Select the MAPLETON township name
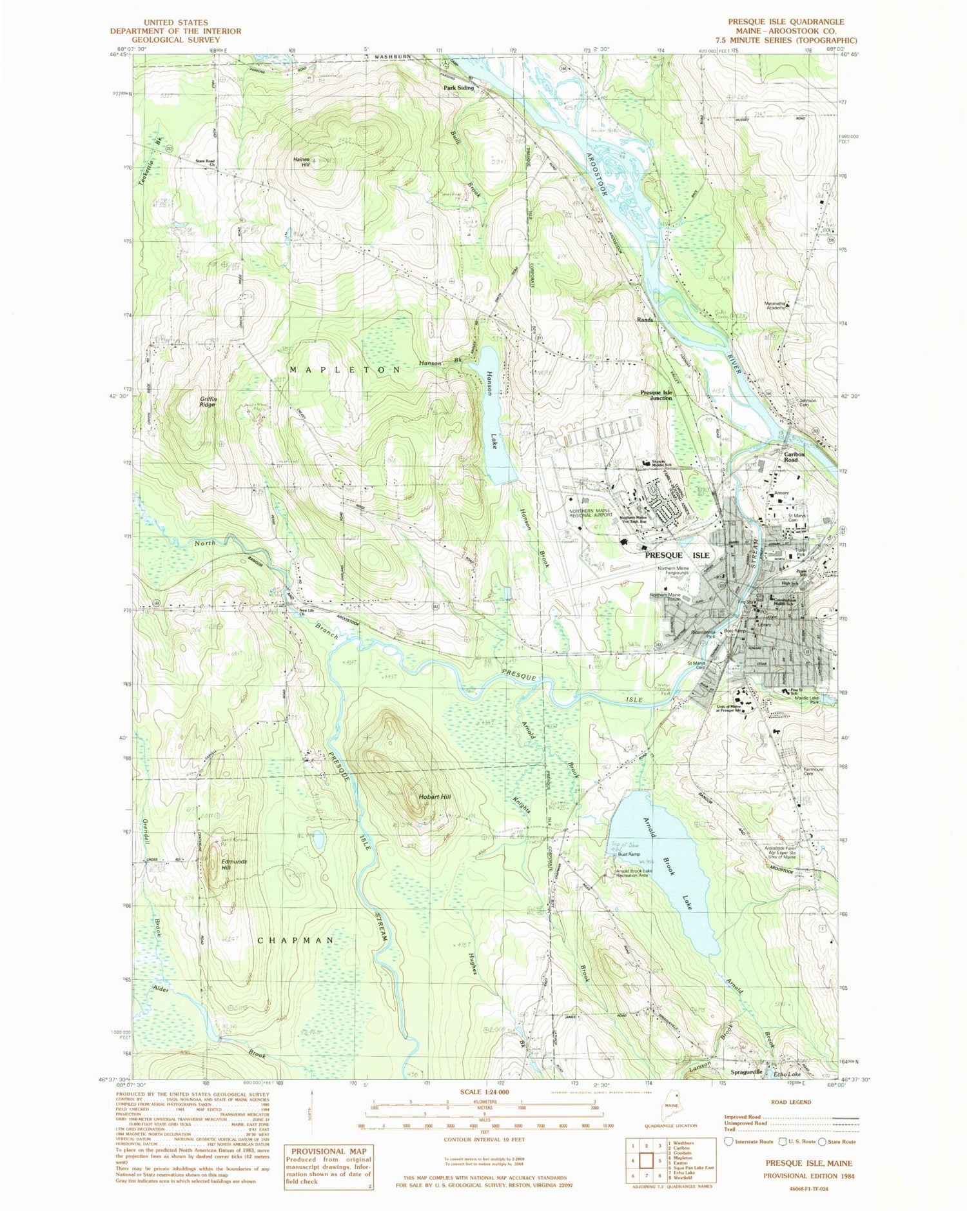pos(346,370)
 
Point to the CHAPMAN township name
pos(296,941)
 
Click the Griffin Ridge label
pos(207,401)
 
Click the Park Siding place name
pos(458,88)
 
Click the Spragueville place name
pos(747,1072)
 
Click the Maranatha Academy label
pos(775,305)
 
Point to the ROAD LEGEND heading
pos(791,1102)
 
